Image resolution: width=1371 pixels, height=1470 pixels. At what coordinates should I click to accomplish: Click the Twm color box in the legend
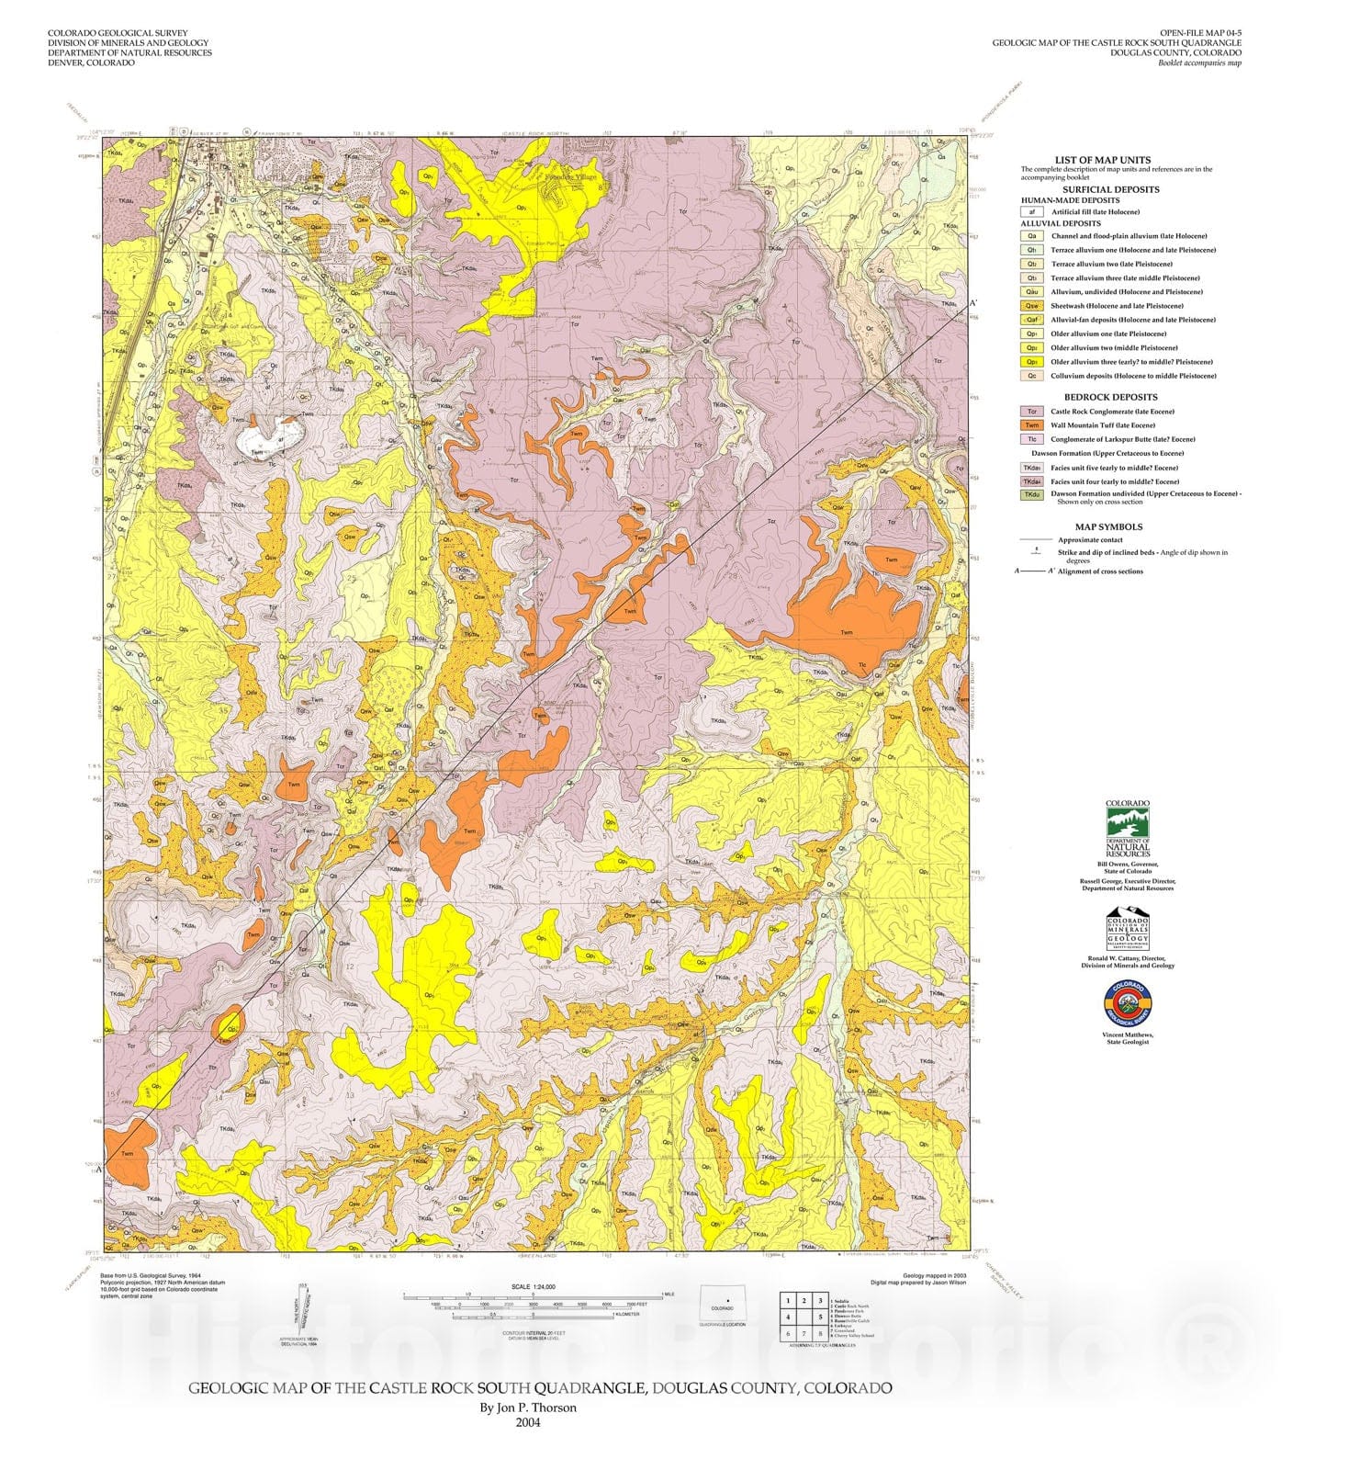pos(1032,425)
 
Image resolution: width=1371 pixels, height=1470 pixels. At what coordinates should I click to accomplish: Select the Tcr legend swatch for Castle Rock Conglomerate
pos(1032,412)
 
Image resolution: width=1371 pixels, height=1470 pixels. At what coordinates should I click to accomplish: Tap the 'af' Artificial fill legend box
pos(1032,212)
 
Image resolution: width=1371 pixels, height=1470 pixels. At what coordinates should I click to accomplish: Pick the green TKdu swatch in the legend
pos(1032,495)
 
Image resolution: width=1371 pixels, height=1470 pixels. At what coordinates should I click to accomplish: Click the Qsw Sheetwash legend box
pos(1032,306)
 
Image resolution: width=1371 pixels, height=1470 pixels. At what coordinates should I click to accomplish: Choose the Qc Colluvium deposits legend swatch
pos(1032,376)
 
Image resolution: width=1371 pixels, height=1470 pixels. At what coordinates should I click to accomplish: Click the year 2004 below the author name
pos(528,1423)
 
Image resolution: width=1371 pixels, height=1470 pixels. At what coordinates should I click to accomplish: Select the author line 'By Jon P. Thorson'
pos(528,1408)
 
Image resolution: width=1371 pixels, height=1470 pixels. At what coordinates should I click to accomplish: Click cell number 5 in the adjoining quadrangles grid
pos(819,1317)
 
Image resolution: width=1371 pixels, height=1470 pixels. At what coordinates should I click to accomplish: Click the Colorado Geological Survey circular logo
pos(1127,1005)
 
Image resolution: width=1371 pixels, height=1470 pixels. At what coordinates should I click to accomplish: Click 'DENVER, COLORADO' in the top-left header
pos(91,63)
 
